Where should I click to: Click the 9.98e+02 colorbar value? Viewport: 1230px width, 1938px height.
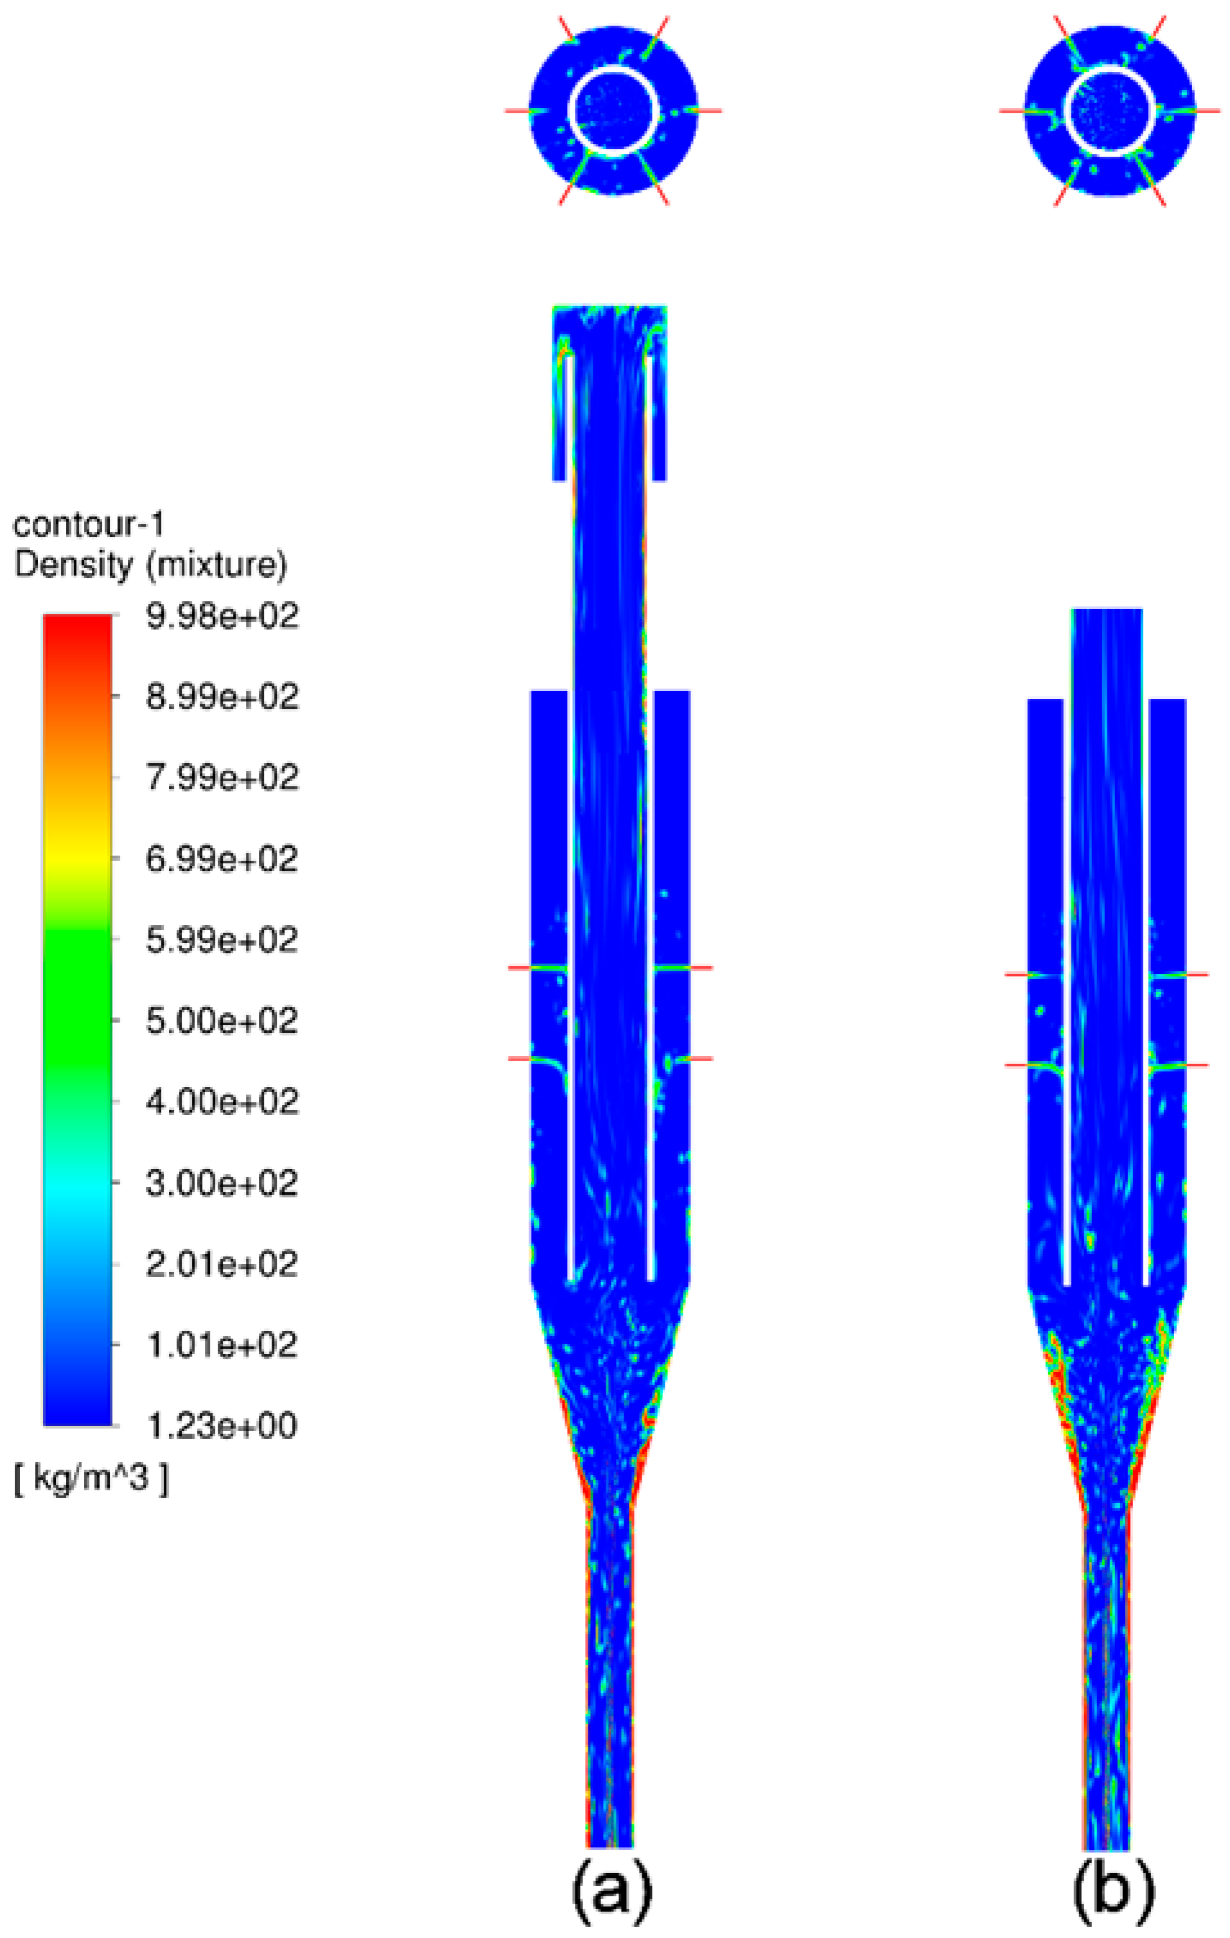[x=222, y=617]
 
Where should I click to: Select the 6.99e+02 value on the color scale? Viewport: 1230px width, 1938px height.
[x=222, y=859]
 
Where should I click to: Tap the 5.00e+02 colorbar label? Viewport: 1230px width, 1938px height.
[x=222, y=1021]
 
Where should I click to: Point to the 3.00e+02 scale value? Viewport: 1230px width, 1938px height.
[x=222, y=1184]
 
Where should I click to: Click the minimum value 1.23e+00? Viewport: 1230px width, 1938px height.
[x=222, y=1426]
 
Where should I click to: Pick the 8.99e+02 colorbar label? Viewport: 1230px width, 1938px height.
[x=222, y=697]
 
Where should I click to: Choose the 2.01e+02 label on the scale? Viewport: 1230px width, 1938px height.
[x=222, y=1264]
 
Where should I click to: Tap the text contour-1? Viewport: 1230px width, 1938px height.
[x=89, y=525]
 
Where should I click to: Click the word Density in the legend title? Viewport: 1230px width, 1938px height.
[x=73, y=565]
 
